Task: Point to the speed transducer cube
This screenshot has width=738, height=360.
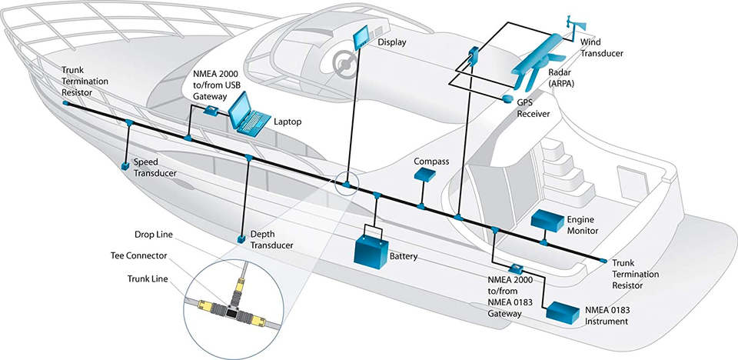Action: point(125,165)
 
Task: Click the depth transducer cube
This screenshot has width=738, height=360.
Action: point(241,241)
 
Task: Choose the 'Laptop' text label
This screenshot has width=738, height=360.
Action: point(289,122)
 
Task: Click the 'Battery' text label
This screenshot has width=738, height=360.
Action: point(404,255)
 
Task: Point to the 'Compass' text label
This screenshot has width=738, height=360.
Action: point(430,162)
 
